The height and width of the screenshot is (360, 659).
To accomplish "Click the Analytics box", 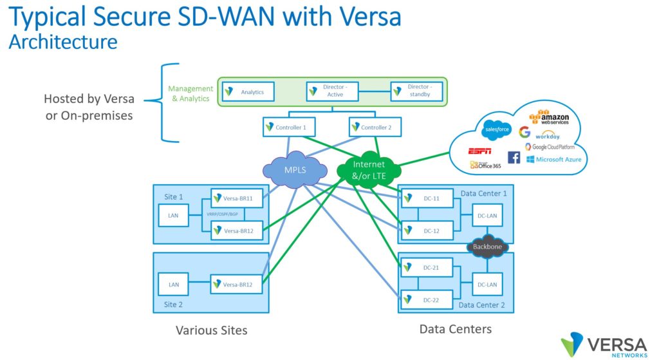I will point(246,91).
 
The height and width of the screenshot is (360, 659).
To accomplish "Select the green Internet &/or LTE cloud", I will point(369,168).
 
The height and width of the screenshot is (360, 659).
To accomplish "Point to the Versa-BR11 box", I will point(237,198).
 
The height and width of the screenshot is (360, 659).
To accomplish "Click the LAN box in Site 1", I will point(173,215).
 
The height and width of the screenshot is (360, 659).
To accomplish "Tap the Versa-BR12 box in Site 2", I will point(237,283).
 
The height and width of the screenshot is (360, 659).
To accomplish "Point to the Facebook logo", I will point(514,157).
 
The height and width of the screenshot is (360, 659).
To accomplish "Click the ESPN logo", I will point(480,151).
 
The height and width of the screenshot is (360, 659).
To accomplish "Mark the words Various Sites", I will point(211,330).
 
